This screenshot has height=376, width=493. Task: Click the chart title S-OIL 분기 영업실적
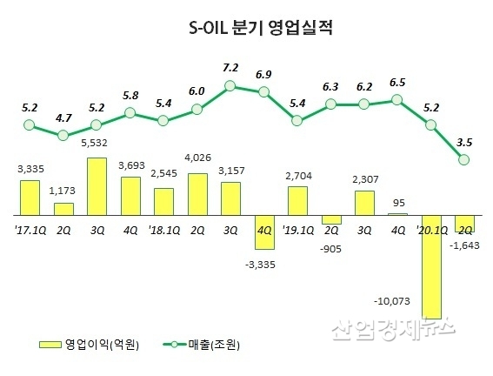pos(260,29)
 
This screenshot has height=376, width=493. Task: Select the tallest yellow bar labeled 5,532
pos(97,186)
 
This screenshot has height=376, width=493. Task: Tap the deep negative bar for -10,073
pos(431,267)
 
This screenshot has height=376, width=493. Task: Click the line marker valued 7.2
pos(230,85)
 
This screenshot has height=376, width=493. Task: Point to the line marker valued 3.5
pos(464,160)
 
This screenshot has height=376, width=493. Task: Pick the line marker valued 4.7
pos(63,136)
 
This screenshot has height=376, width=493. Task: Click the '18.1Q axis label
pos(163,231)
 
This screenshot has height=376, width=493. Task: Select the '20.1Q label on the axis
pos(431,231)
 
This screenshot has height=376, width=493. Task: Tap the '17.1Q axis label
pos(30,231)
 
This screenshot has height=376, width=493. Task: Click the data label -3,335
pos(260,265)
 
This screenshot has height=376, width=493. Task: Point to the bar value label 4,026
pos(197,158)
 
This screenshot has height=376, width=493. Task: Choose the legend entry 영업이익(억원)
pos(89,345)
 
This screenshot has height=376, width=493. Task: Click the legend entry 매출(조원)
pos(202,345)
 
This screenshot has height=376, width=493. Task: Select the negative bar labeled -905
pos(331,220)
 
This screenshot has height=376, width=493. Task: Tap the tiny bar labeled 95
pos(398,215)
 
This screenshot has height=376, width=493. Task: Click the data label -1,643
pos(464,245)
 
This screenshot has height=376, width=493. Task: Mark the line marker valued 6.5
pos(397,100)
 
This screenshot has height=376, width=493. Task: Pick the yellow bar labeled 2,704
pos(297,201)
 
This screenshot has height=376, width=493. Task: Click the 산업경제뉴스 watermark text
pos(393,329)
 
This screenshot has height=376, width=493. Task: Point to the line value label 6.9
pos(263,75)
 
